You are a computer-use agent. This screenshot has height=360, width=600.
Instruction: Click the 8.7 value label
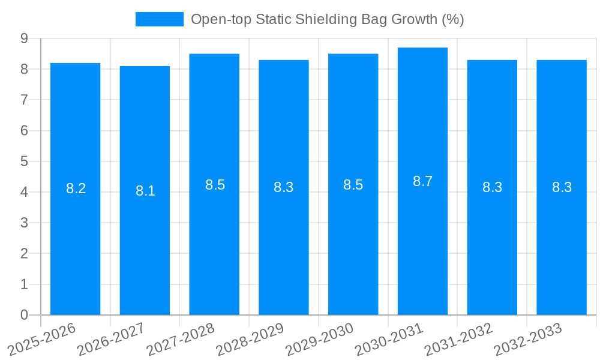point(422,181)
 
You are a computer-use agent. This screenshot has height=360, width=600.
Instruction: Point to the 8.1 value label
point(145,191)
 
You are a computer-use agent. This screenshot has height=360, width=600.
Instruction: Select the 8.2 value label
point(76,188)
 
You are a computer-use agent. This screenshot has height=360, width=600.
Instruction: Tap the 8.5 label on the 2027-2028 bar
point(215,185)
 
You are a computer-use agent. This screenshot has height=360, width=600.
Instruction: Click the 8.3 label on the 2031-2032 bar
point(492,187)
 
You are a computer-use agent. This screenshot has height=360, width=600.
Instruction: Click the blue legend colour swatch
point(159,19)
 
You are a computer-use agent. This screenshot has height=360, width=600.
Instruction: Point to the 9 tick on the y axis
point(24,38)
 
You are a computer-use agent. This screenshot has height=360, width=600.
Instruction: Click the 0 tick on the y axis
point(24,315)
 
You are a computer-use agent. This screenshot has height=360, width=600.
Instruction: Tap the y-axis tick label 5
point(24,161)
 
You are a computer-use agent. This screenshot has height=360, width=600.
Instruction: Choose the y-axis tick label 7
point(24,100)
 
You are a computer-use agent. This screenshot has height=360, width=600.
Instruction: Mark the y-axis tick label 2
point(24,254)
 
